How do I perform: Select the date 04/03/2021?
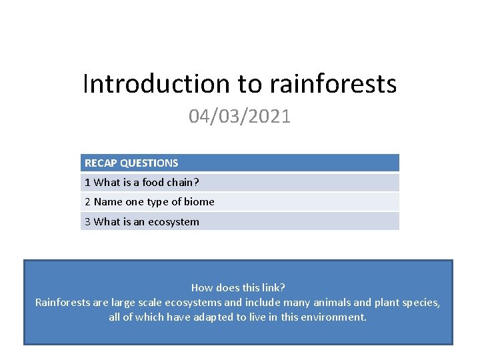click(x=240, y=117)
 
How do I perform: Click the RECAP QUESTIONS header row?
click(x=240, y=163)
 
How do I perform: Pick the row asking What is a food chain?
click(x=240, y=183)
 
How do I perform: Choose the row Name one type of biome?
click(x=240, y=202)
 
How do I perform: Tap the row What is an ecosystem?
click(x=240, y=221)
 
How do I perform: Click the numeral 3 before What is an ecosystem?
click(x=88, y=221)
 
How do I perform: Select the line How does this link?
click(x=238, y=288)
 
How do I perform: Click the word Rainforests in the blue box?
click(x=63, y=303)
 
